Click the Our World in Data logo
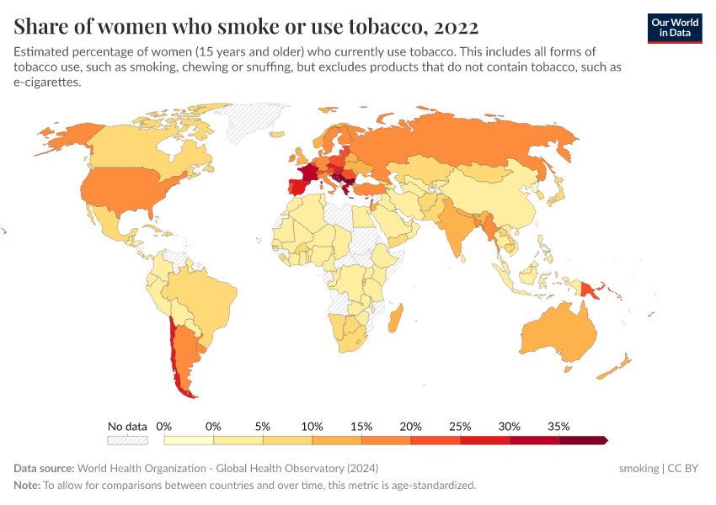674,28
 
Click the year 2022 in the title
454,27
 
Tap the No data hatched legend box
127,439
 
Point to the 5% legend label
263,426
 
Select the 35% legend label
558,426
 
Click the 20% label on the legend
410,426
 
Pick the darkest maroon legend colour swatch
581,439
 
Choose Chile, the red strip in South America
174,353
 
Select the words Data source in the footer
43,468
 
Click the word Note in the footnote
26,486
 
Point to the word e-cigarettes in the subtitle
47,82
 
